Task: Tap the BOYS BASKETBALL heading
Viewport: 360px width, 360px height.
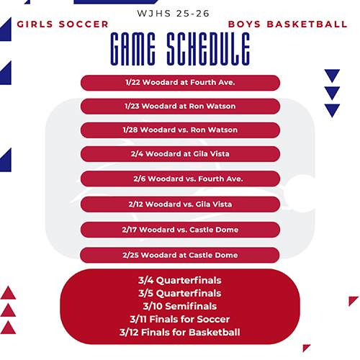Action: coord(287,24)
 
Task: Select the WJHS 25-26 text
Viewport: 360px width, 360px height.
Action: coord(179,13)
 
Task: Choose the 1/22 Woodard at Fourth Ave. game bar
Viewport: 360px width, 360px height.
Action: coord(180,83)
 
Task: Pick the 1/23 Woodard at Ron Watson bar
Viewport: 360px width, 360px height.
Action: coord(180,107)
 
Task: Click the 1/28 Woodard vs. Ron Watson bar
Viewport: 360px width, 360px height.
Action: coord(180,130)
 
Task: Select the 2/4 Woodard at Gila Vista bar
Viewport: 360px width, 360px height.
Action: coord(180,154)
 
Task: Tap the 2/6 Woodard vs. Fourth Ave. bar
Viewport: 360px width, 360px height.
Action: coord(180,179)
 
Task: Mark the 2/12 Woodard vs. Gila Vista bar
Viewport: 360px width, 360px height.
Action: coord(180,204)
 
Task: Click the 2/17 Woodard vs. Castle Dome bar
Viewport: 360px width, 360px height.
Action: coord(180,230)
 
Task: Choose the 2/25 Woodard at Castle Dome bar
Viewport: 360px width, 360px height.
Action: coord(180,255)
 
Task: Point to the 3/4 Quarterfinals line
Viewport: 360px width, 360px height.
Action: coord(180,280)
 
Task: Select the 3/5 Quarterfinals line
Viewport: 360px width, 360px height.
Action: coord(180,293)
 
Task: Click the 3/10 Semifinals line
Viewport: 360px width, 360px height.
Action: coord(180,306)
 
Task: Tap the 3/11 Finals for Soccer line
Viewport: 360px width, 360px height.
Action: coord(180,319)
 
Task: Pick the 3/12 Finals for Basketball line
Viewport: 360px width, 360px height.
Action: coord(180,332)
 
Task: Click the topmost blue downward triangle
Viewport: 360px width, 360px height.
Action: coord(332,75)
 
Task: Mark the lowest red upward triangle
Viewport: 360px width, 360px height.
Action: coord(9,328)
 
